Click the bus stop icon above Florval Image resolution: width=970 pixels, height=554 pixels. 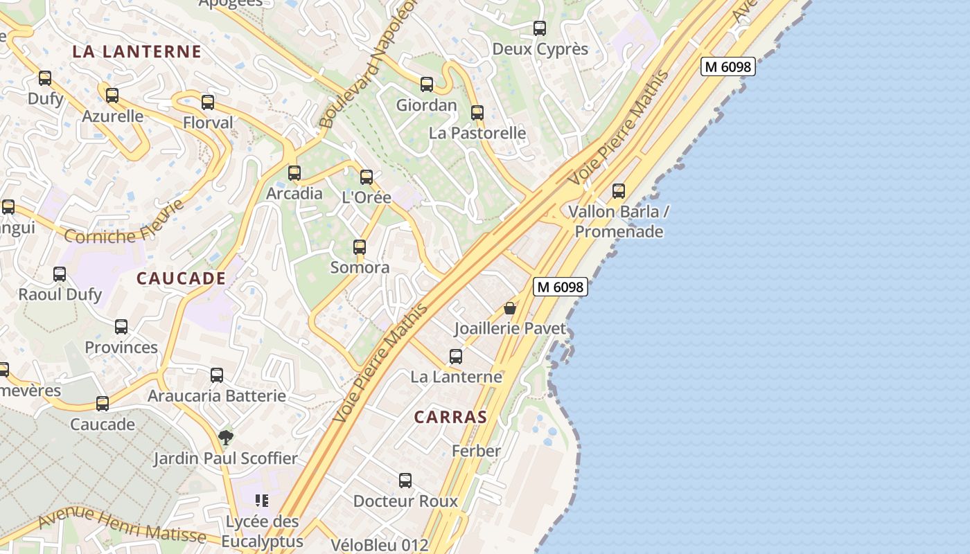click(207, 102)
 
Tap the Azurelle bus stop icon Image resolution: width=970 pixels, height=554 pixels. click(112, 96)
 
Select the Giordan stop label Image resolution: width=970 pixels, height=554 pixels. click(426, 105)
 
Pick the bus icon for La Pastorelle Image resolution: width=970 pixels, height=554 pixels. click(477, 113)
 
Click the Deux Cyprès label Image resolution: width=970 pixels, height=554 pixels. click(540, 49)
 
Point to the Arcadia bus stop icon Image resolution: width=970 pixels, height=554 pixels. click(294, 172)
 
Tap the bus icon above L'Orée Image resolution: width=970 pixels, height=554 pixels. click(367, 177)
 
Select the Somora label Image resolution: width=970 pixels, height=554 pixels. click(360, 267)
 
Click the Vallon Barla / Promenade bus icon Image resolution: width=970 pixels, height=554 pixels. click(619, 191)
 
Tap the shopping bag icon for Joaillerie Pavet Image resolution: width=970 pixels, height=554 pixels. click(510, 307)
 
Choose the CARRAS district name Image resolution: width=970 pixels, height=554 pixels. click(450, 417)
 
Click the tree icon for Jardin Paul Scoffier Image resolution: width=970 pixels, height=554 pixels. click(225, 437)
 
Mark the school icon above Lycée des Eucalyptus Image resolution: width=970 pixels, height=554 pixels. click(262, 500)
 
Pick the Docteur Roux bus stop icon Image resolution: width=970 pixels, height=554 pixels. click(405, 480)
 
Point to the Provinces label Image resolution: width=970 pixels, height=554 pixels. click(121, 347)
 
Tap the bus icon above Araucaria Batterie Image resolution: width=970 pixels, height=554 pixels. click(217, 375)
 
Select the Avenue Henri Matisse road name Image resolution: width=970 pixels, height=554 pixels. click(122, 525)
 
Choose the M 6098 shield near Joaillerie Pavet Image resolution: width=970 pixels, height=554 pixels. click(560, 286)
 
